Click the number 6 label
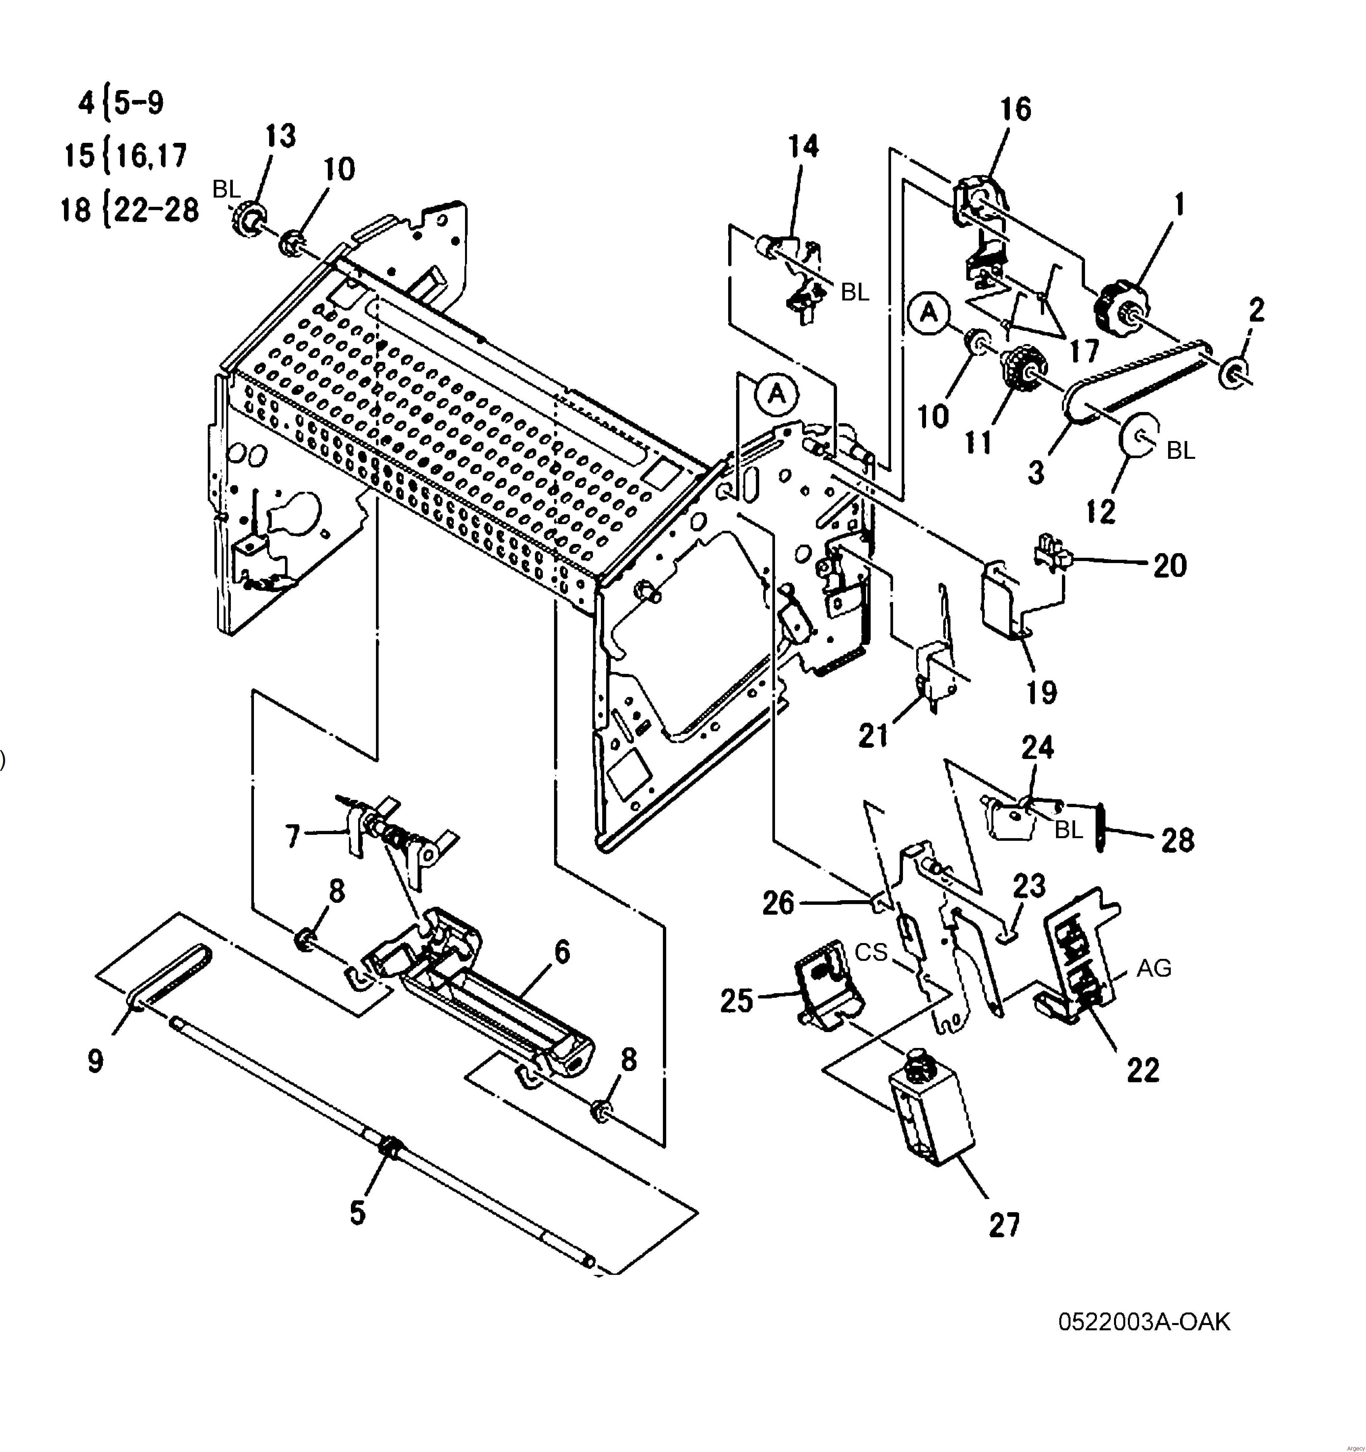coord(562,952)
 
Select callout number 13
coord(280,137)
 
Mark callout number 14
coord(803,146)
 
